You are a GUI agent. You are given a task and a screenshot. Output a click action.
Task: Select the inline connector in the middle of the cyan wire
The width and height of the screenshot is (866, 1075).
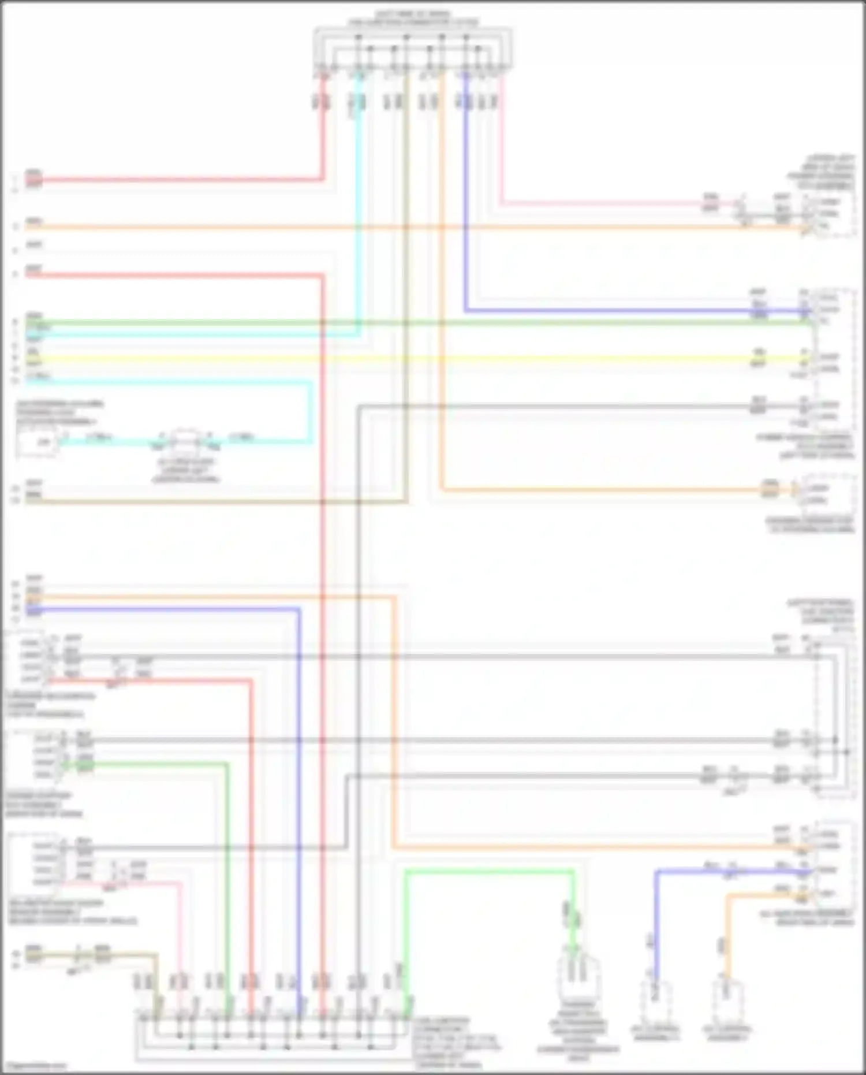pos(185,442)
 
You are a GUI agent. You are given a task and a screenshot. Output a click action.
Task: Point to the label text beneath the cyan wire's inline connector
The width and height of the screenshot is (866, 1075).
pos(185,471)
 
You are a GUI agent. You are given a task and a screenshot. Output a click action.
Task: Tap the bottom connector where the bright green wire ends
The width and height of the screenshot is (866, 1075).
pos(577,976)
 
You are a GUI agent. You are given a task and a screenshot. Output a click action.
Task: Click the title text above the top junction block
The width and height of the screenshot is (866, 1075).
pos(412,18)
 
